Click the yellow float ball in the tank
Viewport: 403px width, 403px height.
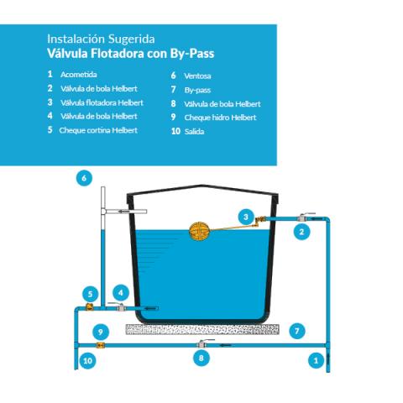tap(199, 232)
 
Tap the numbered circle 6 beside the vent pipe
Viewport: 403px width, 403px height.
tap(84, 178)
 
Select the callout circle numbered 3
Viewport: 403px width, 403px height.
tap(246, 217)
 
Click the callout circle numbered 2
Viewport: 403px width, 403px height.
tap(301, 232)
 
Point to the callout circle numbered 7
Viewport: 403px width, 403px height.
tap(297, 332)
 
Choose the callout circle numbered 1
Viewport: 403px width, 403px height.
tap(316, 360)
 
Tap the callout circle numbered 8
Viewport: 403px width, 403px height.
tap(201, 358)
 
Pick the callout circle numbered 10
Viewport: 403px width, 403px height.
tap(87, 360)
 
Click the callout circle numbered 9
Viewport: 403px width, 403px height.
tap(101, 332)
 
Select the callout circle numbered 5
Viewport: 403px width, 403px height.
tap(90, 294)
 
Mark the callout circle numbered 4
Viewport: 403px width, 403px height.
tap(121, 293)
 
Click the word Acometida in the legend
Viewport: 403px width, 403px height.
tap(79, 75)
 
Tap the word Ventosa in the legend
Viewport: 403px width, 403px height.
tap(197, 76)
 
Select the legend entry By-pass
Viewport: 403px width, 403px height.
tap(197, 90)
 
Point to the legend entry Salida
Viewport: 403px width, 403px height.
tap(194, 131)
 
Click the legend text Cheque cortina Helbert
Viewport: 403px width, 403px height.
tap(98, 130)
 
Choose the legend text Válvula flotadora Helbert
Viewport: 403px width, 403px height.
tap(102, 102)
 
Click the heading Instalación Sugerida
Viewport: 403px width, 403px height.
tap(101, 39)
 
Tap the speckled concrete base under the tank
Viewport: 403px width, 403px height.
tap(202, 329)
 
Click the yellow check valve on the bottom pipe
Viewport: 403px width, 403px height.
tap(100, 345)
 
